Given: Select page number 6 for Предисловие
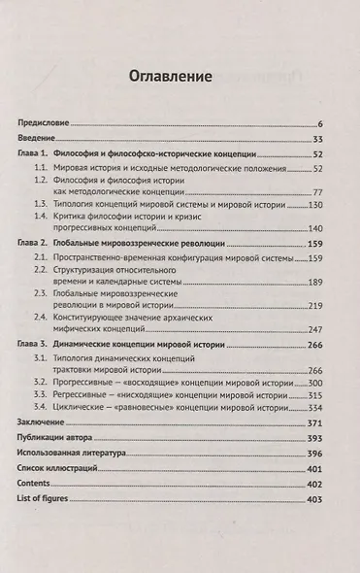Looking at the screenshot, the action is click(319, 125).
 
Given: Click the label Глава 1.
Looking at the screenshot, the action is click(34, 155).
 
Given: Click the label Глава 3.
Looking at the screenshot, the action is click(34, 346).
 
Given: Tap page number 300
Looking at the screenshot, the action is click(313, 384).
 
